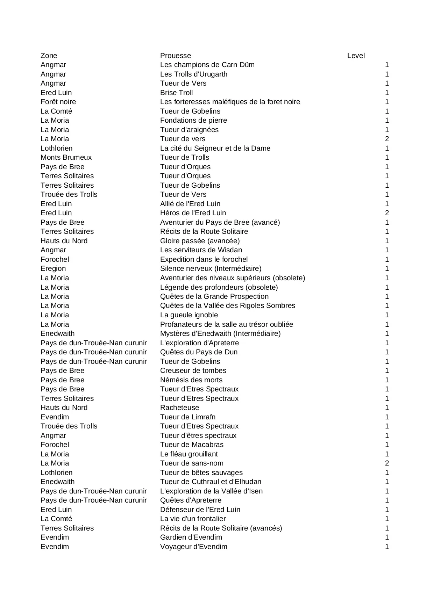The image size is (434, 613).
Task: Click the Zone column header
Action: pyautogui.click(x=49, y=56)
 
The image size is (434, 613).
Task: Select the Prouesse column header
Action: pyautogui.click(x=175, y=56)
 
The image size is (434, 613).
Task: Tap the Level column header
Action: pyautogui.click(x=356, y=56)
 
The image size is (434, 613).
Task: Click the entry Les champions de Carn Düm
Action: pyautogui.click(x=207, y=65)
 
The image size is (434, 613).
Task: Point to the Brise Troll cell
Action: pyautogui.click(x=176, y=93)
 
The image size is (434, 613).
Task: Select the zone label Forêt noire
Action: pyautogui.click(x=58, y=102)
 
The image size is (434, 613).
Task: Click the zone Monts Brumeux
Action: pyautogui.click(x=66, y=157)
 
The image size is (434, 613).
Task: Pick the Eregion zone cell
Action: pyautogui.click(x=53, y=268)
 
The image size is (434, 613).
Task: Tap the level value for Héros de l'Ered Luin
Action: pyautogui.click(x=387, y=213)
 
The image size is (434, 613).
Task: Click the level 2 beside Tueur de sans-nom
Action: pyautogui.click(x=387, y=463)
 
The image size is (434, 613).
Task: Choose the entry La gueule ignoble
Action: pyautogui.click(x=189, y=315)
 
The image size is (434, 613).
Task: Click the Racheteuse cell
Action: pyautogui.click(x=179, y=408)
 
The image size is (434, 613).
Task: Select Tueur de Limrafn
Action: pyautogui.click(x=188, y=417)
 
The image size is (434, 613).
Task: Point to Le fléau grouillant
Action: pyautogui.click(x=189, y=454)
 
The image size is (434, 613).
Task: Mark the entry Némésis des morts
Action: pyautogui.click(x=191, y=380)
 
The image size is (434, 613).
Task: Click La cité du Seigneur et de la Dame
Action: pyautogui.click(x=215, y=148)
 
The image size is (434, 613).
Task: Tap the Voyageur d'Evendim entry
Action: pyautogui.click(x=193, y=547)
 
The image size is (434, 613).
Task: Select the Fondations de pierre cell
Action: pyautogui.click(x=193, y=120)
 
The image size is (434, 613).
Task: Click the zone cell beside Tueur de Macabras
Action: pyautogui.click(x=55, y=445)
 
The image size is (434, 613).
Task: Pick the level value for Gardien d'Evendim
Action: pyautogui.click(x=387, y=537)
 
